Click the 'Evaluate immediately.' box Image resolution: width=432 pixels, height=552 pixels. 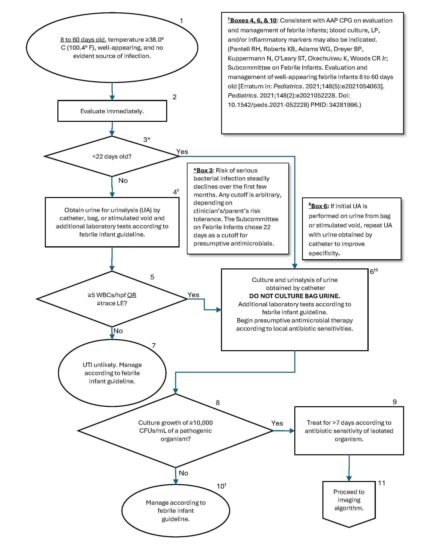pyautogui.click(x=112, y=111)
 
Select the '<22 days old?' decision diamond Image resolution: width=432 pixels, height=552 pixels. pyautogui.click(x=112, y=156)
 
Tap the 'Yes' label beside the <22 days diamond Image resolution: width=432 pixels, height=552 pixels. pyautogui.click(x=182, y=152)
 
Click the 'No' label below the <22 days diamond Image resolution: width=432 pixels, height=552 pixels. pyautogui.click(x=123, y=180)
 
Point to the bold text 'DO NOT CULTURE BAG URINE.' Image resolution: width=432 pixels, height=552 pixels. pyautogui.click(x=295, y=296)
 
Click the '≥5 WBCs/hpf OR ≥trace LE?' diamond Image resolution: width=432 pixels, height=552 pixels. pyautogui.click(x=112, y=299)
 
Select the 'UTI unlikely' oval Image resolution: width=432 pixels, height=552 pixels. pyautogui.click(x=112, y=373)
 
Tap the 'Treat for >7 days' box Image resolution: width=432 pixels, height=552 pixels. pyautogui.click(x=349, y=431)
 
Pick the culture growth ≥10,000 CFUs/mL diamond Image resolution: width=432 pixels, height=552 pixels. pyautogui.click(x=176, y=431)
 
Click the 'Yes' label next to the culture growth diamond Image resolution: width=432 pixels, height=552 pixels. pyautogui.click(x=277, y=423)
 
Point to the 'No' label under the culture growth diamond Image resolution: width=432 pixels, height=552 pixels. pyautogui.click(x=183, y=473)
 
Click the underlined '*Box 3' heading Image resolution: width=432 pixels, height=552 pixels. pyautogui.click(x=203, y=170)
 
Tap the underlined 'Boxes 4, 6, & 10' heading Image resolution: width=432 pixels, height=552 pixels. pyautogui.click(x=252, y=20)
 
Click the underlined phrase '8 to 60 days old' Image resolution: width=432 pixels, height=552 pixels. pyautogui.click(x=82, y=39)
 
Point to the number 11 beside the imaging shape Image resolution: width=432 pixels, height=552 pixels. pyautogui.click(x=382, y=483)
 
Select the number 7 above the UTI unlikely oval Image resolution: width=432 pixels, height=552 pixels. pyautogui.click(x=153, y=345)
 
